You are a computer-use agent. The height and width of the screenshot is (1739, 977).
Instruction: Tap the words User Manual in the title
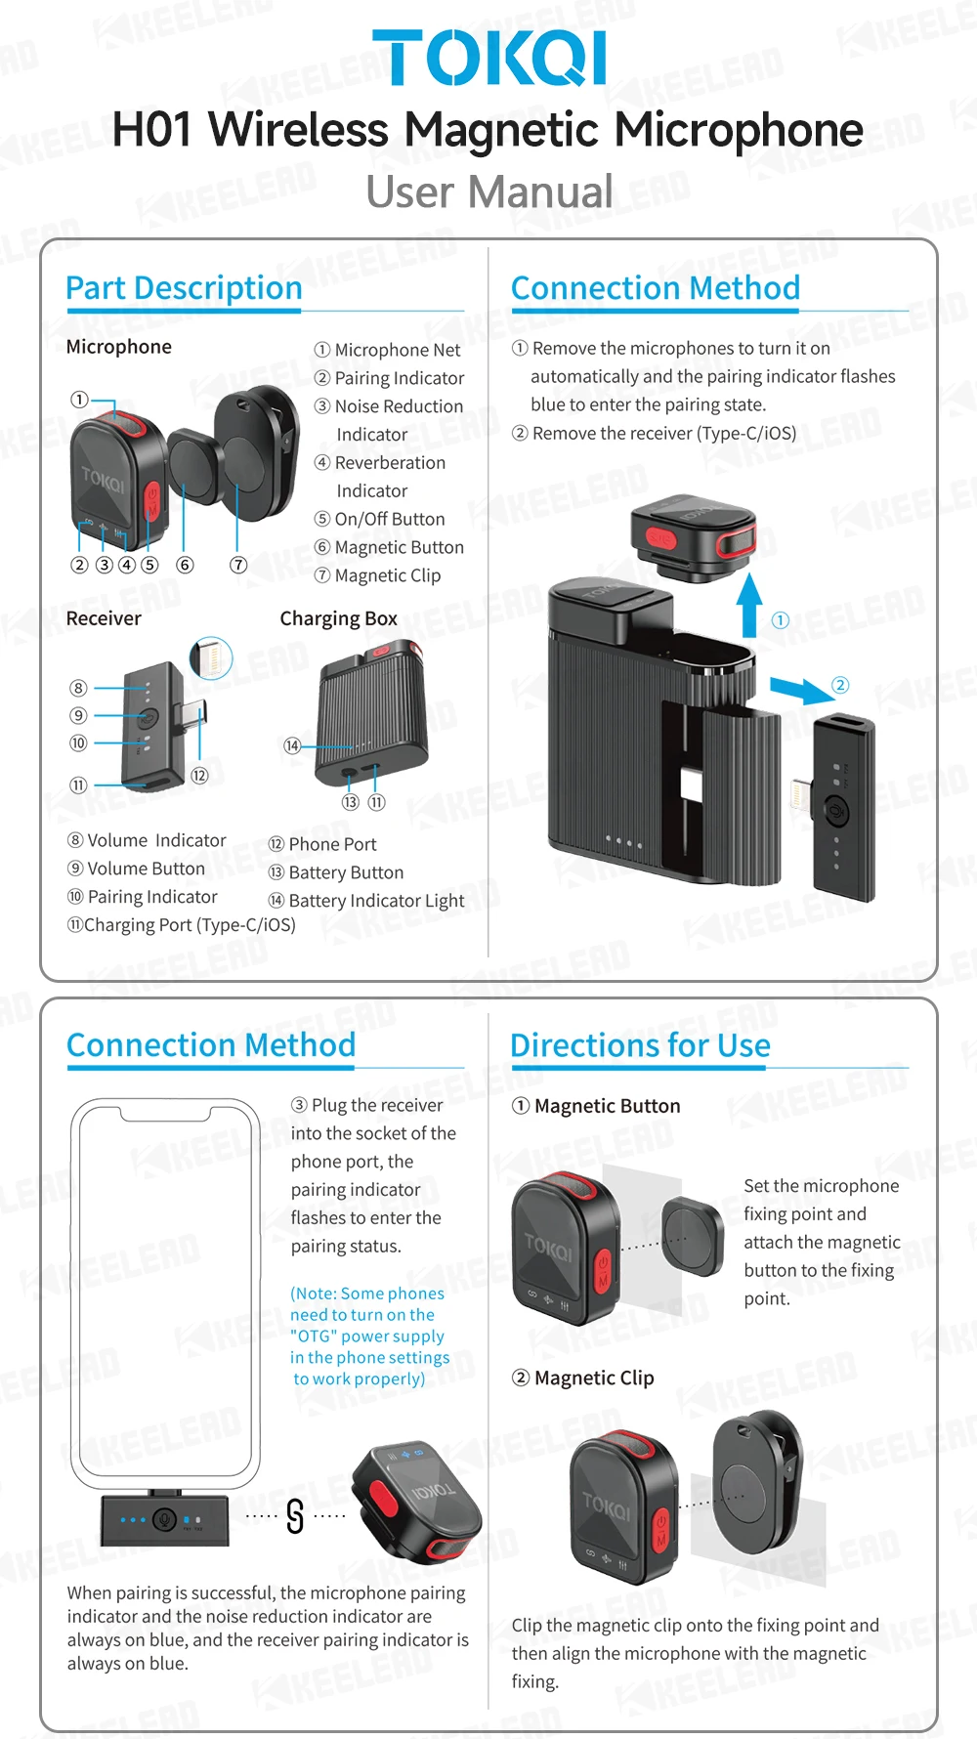tap(488, 191)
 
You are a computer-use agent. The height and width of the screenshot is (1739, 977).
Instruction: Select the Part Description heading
tap(184, 288)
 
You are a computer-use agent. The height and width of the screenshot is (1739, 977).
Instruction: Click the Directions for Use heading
tap(640, 1045)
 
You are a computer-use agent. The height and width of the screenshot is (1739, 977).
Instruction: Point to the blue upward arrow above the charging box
tap(749, 606)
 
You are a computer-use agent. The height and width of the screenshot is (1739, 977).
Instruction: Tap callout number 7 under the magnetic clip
tap(238, 565)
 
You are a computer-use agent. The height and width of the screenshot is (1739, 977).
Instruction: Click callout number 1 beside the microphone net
tap(79, 399)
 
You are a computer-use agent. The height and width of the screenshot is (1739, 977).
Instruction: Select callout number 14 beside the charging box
tap(292, 746)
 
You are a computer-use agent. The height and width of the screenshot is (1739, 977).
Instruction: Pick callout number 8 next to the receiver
tap(78, 688)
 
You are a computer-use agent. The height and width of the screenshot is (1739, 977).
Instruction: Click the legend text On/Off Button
tap(389, 519)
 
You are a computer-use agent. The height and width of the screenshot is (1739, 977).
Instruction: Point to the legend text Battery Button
tap(346, 872)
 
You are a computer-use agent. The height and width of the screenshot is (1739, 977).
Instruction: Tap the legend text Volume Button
tap(146, 869)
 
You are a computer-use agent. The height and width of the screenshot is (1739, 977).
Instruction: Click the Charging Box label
tap(338, 618)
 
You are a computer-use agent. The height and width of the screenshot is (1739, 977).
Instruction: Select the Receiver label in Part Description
tap(104, 618)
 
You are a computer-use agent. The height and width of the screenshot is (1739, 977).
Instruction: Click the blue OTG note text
tap(368, 1336)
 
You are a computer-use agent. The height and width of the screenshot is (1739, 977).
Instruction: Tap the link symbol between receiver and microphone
tap(295, 1516)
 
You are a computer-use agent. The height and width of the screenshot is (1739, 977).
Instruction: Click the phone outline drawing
tap(166, 1290)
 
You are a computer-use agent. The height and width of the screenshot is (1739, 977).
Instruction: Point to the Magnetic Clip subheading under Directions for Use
tap(593, 1378)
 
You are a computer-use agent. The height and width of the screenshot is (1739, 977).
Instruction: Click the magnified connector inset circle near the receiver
tap(211, 657)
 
